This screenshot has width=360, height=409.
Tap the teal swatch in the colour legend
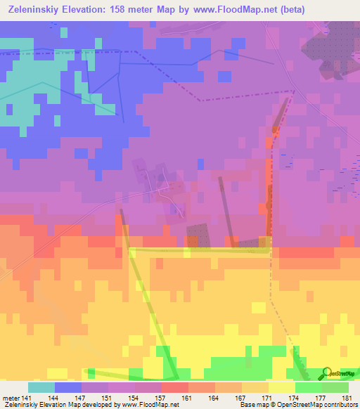[41, 387]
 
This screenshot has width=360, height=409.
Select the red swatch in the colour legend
[174, 387]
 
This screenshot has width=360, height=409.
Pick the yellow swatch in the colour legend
[281, 387]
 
